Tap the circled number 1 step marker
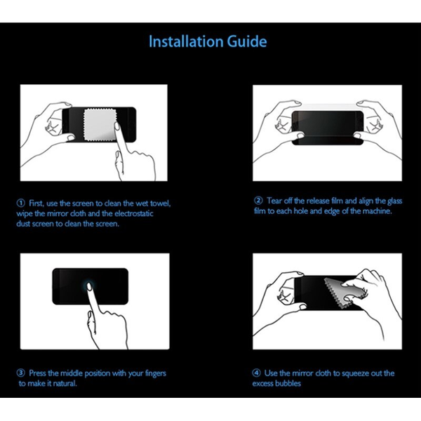[x=21, y=203]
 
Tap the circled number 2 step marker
[x=258, y=201]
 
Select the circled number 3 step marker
[x=21, y=373]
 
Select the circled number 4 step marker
[x=257, y=373]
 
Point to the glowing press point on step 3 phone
[x=90, y=284]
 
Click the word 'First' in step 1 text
[x=38, y=203]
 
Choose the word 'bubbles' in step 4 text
[x=288, y=384]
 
